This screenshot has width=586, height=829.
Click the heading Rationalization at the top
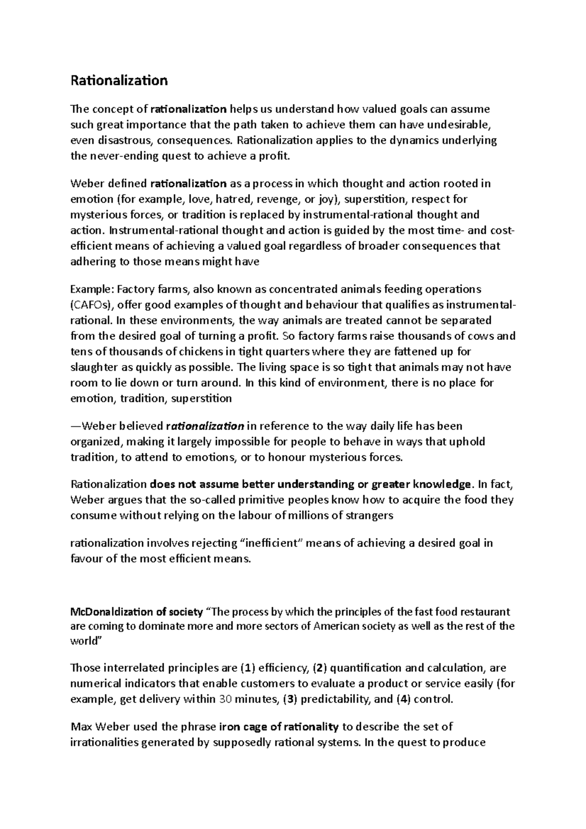coord(119,81)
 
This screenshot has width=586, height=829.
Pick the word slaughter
coord(92,367)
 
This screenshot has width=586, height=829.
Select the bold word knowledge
coord(443,484)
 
